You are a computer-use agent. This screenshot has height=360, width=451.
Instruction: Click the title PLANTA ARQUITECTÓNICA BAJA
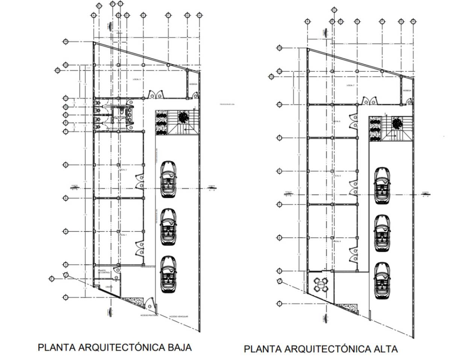pyautogui.click(x=115, y=347)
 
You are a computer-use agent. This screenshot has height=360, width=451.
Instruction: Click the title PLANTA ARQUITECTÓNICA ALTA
pyautogui.click(x=321, y=349)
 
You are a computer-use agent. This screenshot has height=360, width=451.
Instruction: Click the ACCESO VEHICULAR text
pyautogui.click(x=179, y=316)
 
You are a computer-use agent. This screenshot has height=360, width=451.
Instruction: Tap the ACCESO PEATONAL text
pyautogui.click(x=149, y=315)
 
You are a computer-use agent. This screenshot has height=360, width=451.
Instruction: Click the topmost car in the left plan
pyautogui.click(x=168, y=179)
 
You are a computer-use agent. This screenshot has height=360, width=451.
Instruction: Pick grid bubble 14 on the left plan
pyautogui.click(x=65, y=42)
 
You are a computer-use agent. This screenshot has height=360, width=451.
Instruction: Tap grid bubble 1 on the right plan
pyautogui.click(x=279, y=304)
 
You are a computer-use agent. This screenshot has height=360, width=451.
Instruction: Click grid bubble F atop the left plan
pyautogui.click(x=168, y=15)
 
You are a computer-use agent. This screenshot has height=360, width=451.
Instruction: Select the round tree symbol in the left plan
pyautogui.click(x=183, y=117)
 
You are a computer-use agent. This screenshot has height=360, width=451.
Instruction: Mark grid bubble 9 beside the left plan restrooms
pyautogui.click(x=65, y=114)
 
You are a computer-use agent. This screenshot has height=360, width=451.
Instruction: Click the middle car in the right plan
pyautogui.click(x=382, y=231)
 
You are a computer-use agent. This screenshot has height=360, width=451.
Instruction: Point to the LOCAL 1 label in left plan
pyautogui.click(x=123, y=235)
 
